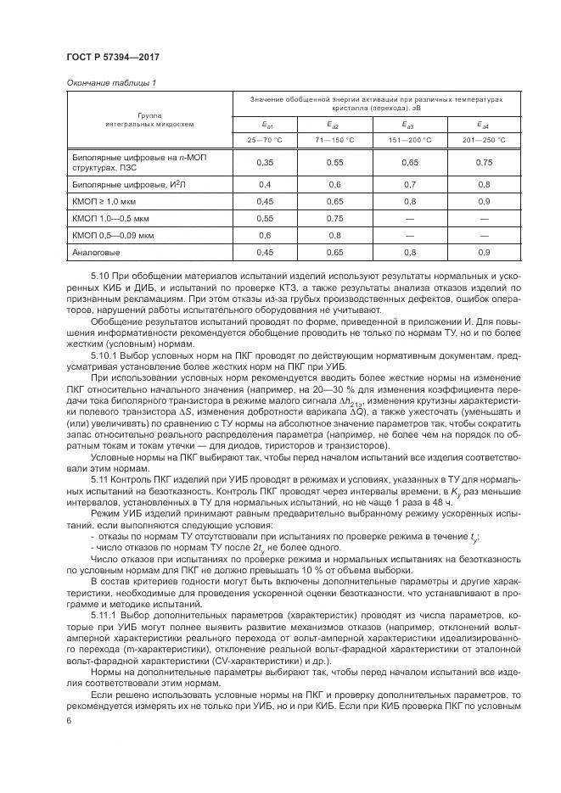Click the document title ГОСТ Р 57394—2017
(x=113, y=57)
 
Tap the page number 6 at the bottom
(x=69, y=721)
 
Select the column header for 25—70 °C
(x=265, y=140)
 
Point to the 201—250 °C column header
(x=485, y=140)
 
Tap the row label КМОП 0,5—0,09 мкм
(x=107, y=235)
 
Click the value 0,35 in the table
(x=265, y=161)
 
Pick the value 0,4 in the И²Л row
(x=265, y=184)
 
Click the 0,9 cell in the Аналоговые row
(x=485, y=252)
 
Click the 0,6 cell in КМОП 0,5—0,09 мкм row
(x=265, y=235)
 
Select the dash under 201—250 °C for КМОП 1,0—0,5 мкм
(x=485, y=218)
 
